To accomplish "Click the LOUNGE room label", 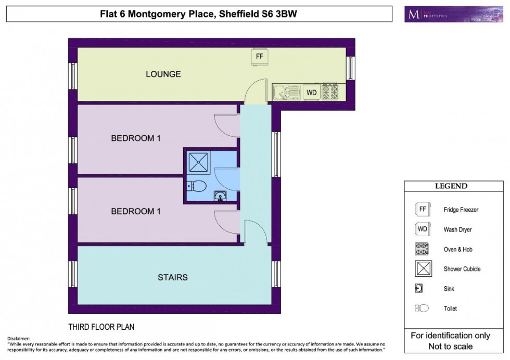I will pyautogui.click(x=163, y=74).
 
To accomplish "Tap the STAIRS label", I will pyautogui.click(x=172, y=277).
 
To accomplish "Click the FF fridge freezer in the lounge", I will pyautogui.click(x=259, y=56).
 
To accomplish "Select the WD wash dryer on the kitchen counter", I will pyautogui.click(x=311, y=93).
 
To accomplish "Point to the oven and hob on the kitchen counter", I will pyautogui.click(x=330, y=92).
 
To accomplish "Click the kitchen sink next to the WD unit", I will pyautogui.click(x=287, y=93).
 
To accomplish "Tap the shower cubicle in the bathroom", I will pyautogui.click(x=199, y=162).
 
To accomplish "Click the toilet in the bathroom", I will pyautogui.click(x=197, y=186).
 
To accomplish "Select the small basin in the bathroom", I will pyautogui.click(x=220, y=196).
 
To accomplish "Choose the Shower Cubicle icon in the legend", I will pyautogui.click(x=422, y=268).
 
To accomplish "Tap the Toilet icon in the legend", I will pyautogui.click(x=422, y=308).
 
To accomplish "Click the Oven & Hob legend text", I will pyautogui.click(x=458, y=249).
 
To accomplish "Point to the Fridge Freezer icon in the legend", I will pyautogui.click(x=422, y=209).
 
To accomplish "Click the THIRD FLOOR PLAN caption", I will pyautogui.click(x=101, y=327).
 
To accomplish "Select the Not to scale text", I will pyautogui.click(x=451, y=346).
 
